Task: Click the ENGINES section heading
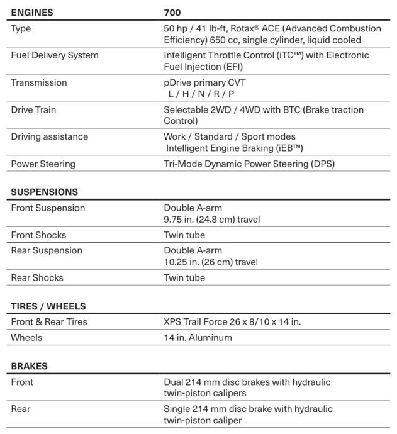tap(32, 12)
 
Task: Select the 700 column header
tap(172, 12)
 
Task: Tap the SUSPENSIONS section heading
tap(44, 192)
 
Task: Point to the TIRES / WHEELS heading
tap(48, 306)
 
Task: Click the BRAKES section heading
tap(29, 366)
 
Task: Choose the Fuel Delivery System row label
tap(55, 55)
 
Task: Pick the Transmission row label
tap(38, 82)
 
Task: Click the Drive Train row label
tap(33, 109)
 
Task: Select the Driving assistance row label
tap(49, 136)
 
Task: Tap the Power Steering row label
tap(43, 164)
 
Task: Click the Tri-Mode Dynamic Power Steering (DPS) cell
tap(249, 164)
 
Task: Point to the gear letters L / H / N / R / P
tap(201, 93)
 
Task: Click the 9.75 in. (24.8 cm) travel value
tap(212, 219)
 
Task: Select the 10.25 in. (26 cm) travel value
tap(211, 262)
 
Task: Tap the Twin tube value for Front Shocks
tap(184, 235)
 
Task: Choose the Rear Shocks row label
tap(37, 277)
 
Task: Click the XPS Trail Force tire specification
tap(232, 322)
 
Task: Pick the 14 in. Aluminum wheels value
tap(198, 337)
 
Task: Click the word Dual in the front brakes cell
tap(174, 382)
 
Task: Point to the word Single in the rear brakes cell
tap(177, 409)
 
